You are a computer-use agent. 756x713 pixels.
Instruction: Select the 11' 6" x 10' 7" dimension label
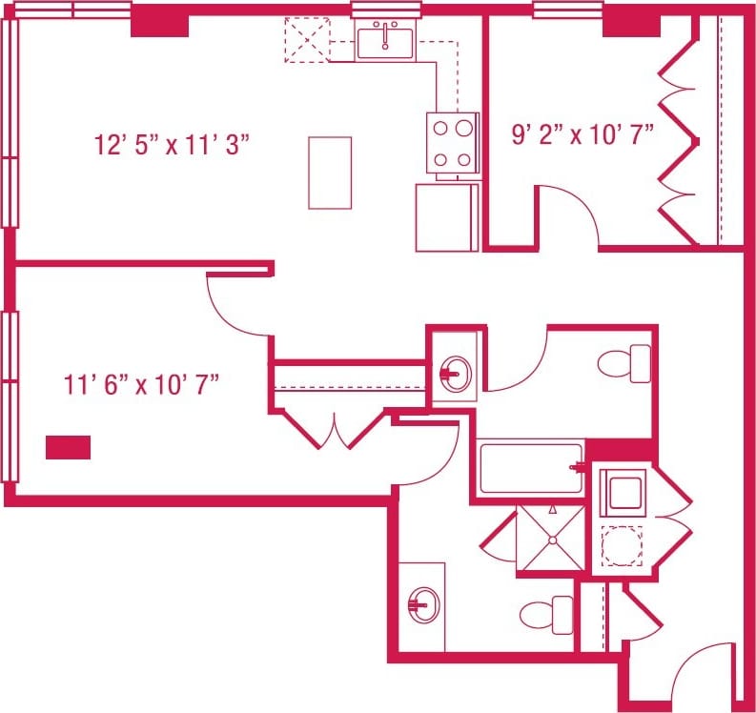pyautogui.click(x=142, y=385)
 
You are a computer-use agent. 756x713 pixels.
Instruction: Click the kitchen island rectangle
pyautogui.click(x=330, y=173)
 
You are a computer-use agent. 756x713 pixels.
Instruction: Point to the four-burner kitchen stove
pyautogui.click(x=452, y=143)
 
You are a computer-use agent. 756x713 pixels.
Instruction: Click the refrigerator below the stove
pyautogui.click(x=446, y=217)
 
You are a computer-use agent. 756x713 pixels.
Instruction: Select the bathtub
pyautogui.click(x=530, y=467)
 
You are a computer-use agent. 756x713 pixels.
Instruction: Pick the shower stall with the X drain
pyautogui.click(x=550, y=539)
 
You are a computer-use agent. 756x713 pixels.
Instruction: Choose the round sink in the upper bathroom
pyautogui.click(x=456, y=372)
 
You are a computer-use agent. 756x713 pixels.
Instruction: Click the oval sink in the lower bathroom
pyautogui.click(x=422, y=602)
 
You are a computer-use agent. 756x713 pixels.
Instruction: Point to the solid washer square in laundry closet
pyautogui.click(x=623, y=494)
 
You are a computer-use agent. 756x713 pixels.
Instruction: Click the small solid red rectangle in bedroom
pyautogui.click(x=68, y=447)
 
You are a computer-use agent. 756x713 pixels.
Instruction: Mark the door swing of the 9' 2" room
pyautogui.click(x=569, y=215)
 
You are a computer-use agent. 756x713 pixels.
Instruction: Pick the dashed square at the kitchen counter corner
pyautogui.click(x=305, y=40)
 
